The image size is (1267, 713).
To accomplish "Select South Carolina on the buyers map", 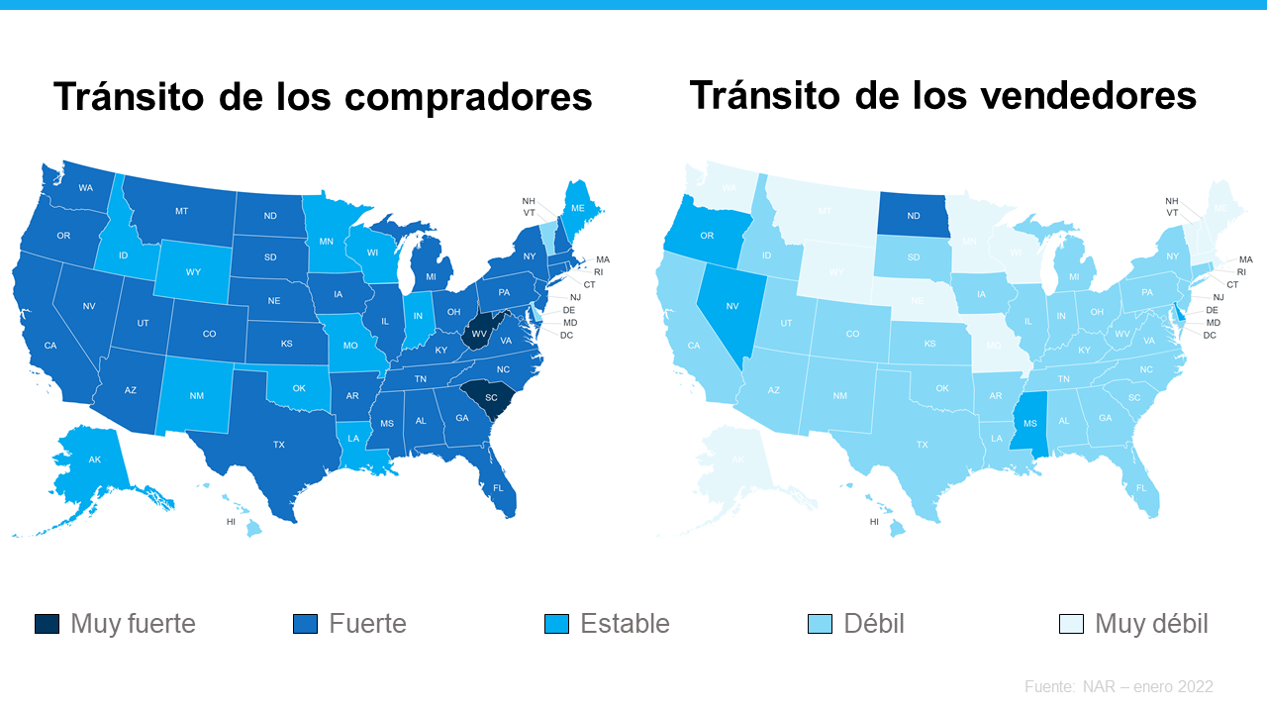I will (x=489, y=397).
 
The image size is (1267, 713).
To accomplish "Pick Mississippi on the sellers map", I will (x=1030, y=423).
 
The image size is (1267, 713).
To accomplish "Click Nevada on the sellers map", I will (x=732, y=306).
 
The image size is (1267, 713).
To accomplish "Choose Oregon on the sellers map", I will (x=707, y=236).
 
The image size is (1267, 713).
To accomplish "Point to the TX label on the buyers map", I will (x=279, y=445).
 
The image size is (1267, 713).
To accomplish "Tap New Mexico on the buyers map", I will (x=196, y=396).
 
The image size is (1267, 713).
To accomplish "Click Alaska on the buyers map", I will (x=95, y=459).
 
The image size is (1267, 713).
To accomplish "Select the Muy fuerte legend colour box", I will (x=47, y=624).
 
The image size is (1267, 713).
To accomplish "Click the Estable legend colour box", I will (x=556, y=624).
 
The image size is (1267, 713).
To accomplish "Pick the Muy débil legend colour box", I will (x=1071, y=624).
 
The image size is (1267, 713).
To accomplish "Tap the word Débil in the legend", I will (x=873, y=624).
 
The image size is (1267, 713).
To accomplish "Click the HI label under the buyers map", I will (x=231, y=522).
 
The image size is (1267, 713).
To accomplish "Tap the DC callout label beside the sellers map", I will (x=1210, y=336).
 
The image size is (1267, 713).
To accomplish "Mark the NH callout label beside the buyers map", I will (x=529, y=201).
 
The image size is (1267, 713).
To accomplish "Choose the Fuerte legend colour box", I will (x=305, y=624).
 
